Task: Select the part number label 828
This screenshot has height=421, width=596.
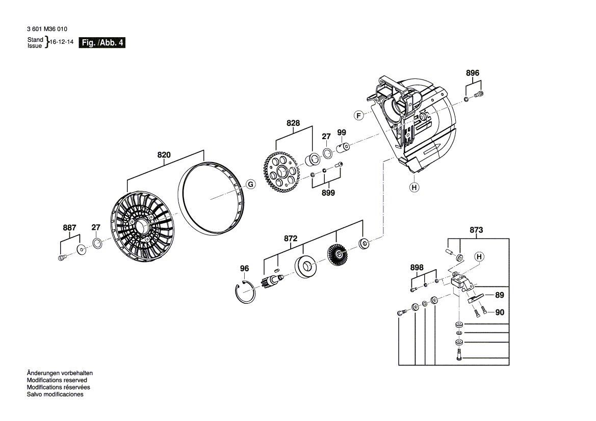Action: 293,123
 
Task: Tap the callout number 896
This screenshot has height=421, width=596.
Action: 473,73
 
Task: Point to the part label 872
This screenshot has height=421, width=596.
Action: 291,238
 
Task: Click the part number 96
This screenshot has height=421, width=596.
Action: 245,269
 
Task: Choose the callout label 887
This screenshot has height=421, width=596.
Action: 69,228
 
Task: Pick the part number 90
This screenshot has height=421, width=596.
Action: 500,312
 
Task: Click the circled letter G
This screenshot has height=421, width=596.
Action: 250,185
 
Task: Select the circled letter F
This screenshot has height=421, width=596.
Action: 359,116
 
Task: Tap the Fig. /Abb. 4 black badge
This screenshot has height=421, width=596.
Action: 102,43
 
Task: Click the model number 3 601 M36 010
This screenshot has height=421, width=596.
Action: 47,29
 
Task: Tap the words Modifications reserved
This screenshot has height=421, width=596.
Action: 57,380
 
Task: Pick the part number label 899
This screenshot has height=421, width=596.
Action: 328,193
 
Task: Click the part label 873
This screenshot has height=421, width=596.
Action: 476,230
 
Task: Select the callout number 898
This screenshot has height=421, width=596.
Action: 417,268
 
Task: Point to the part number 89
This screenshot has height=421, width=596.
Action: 500,295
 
